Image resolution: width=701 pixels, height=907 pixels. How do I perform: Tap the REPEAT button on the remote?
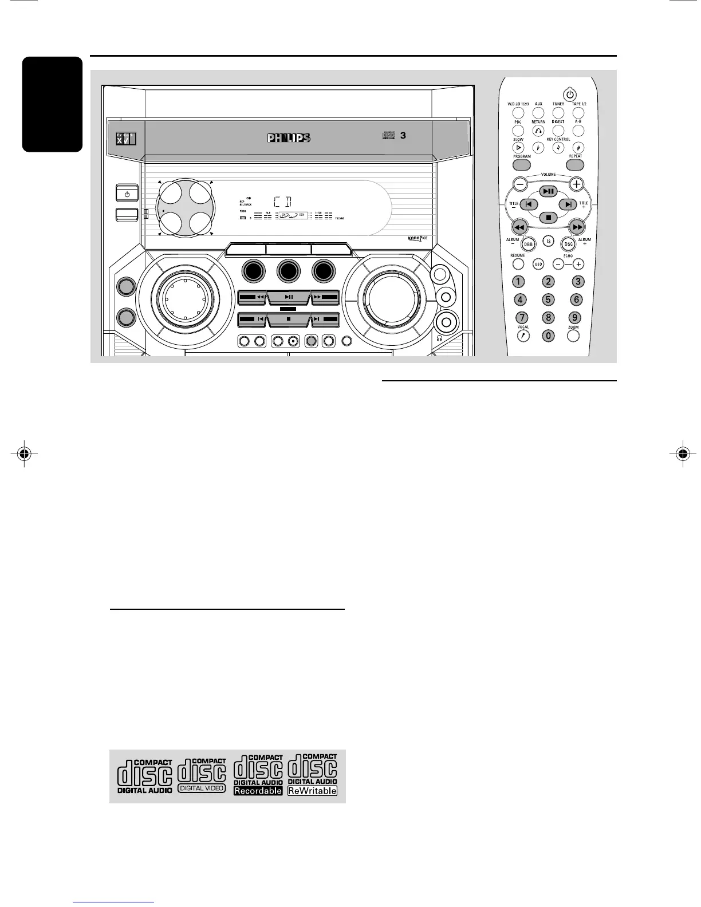point(575,165)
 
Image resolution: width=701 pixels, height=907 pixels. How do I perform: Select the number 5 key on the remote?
point(548,299)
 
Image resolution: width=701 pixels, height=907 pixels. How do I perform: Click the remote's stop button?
point(548,218)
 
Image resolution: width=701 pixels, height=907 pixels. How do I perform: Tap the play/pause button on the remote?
point(548,191)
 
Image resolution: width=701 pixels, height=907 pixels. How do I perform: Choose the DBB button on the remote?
point(528,243)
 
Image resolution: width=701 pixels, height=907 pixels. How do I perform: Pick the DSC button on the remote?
point(569,243)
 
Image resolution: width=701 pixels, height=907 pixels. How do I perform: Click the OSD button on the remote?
point(538,264)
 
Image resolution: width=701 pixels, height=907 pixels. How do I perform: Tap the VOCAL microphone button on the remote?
point(522,336)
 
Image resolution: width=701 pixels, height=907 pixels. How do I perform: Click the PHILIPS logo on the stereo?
point(289,138)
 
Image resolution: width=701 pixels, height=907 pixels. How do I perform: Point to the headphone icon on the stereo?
point(439,338)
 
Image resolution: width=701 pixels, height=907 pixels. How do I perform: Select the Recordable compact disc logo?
point(258,775)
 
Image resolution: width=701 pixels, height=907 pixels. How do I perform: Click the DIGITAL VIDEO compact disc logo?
point(202,775)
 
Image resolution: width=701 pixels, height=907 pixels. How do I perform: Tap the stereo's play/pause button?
point(289,297)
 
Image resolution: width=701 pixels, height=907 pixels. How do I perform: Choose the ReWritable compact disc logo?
point(312,775)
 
